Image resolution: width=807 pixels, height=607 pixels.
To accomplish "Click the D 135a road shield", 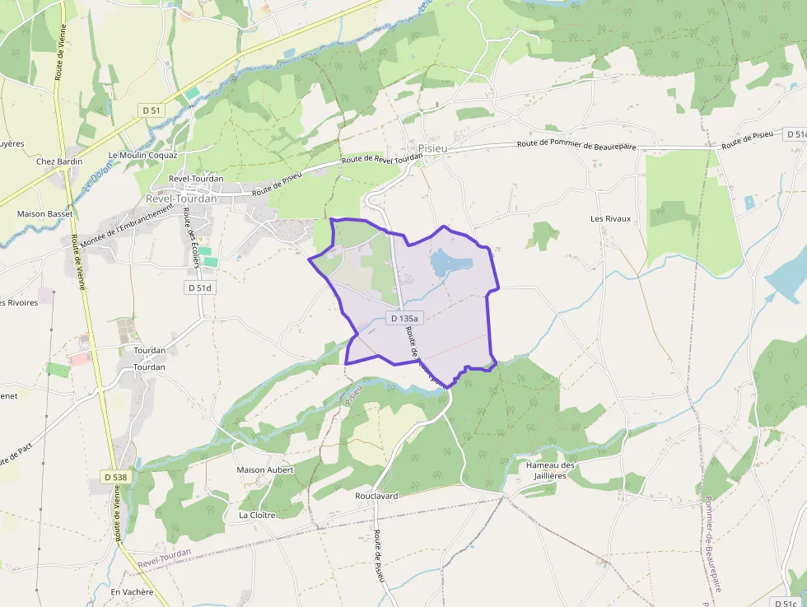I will click(x=404, y=318).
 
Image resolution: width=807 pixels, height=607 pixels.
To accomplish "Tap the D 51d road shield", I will click(x=199, y=287).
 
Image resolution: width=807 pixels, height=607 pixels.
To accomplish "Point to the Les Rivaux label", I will click(x=610, y=218).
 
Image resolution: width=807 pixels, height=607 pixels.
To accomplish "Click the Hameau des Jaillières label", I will click(x=551, y=470).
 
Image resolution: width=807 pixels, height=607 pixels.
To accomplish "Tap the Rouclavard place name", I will click(x=376, y=496).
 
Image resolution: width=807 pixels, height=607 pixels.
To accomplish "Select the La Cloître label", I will click(x=256, y=515).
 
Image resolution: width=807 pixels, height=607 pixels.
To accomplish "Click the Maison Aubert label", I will click(x=264, y=469).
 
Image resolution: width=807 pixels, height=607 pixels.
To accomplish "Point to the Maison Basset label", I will click(x=44, y=213).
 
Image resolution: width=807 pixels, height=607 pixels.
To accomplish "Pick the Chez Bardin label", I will click(x=59, y=161).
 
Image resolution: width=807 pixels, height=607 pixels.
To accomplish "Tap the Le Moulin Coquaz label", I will click(x=142, y=155).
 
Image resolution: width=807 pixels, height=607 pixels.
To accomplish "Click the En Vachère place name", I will click(x=132, y=592).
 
